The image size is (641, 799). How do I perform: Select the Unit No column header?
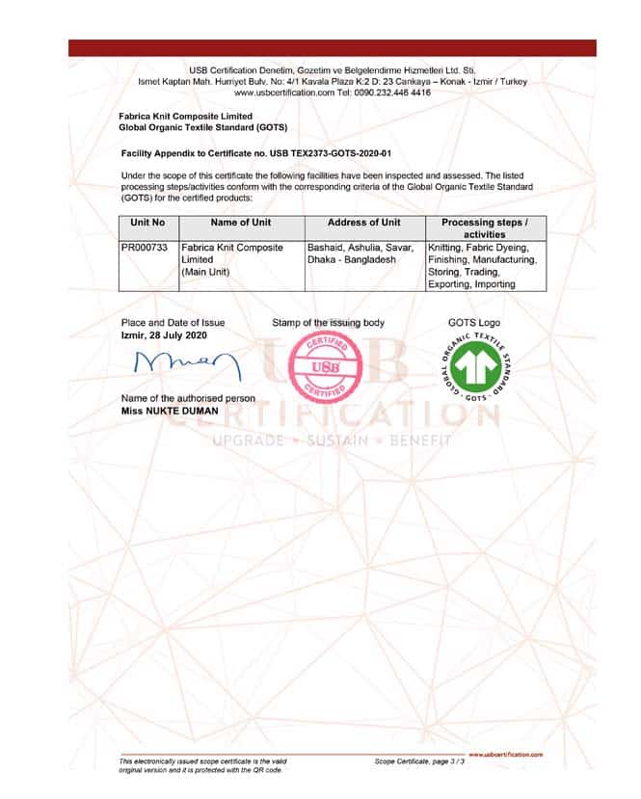click(x=147, y=223)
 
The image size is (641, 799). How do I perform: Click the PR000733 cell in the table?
click(x=145, y=248)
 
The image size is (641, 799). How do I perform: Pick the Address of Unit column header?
click(x=363, y=223)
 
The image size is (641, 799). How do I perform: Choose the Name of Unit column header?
click(x=240, y=223)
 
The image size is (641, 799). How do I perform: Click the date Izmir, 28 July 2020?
click(x=164, y=334)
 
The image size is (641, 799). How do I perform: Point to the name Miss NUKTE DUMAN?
click(x=170, y=411)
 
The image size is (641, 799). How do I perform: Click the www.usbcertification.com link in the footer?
click(x=505, y=755)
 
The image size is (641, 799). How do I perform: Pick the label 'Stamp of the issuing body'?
click(x=328, y=323)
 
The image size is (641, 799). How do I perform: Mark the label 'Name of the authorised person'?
click(x=188, y=398)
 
